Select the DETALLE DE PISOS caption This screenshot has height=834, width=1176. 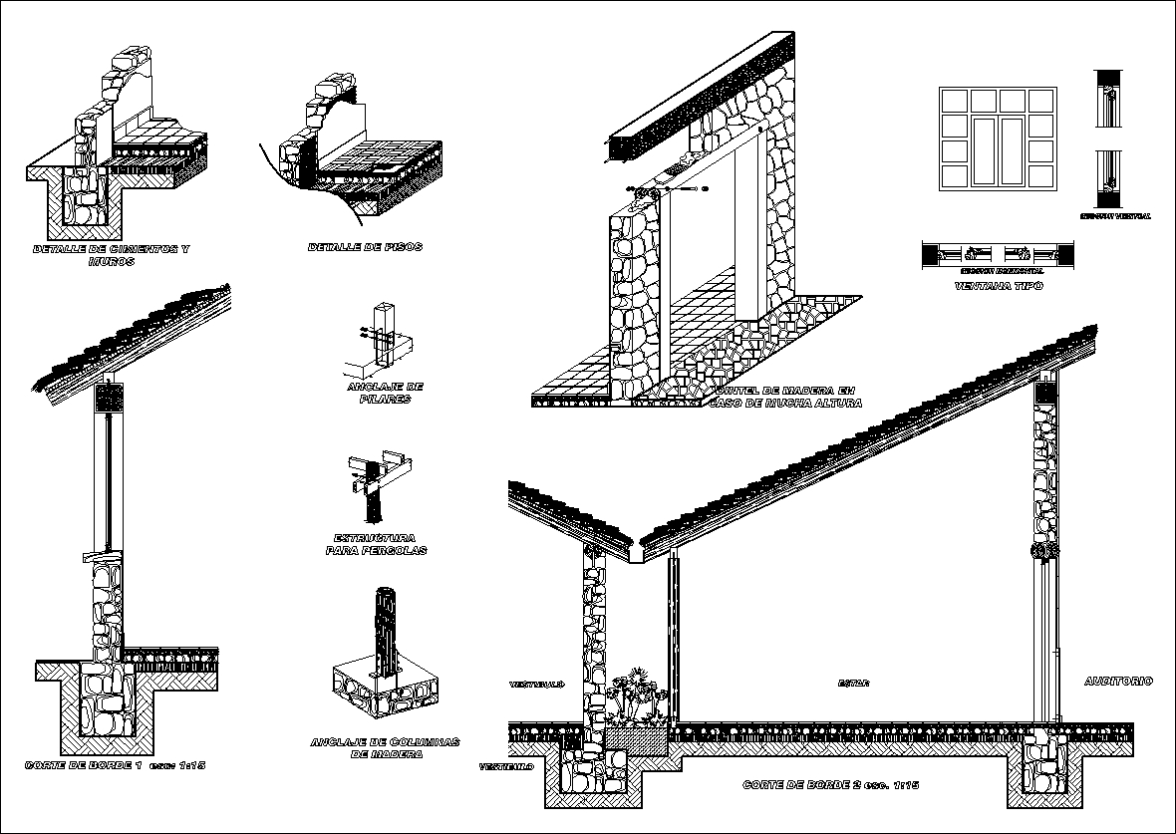[x=365, y=247]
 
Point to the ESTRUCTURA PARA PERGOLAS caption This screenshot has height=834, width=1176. [x=377, y=544]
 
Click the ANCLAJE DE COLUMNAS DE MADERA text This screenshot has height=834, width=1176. [x=385, y=748]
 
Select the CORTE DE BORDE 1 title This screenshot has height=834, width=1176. [x=114, y=765]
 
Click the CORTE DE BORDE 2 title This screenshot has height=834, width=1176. [x=829, y=785]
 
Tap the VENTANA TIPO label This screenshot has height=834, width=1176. [x=998, y=286]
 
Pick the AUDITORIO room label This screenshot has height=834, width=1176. [x=1118, y=682]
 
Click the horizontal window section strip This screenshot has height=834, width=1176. [x=998, y=255]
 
